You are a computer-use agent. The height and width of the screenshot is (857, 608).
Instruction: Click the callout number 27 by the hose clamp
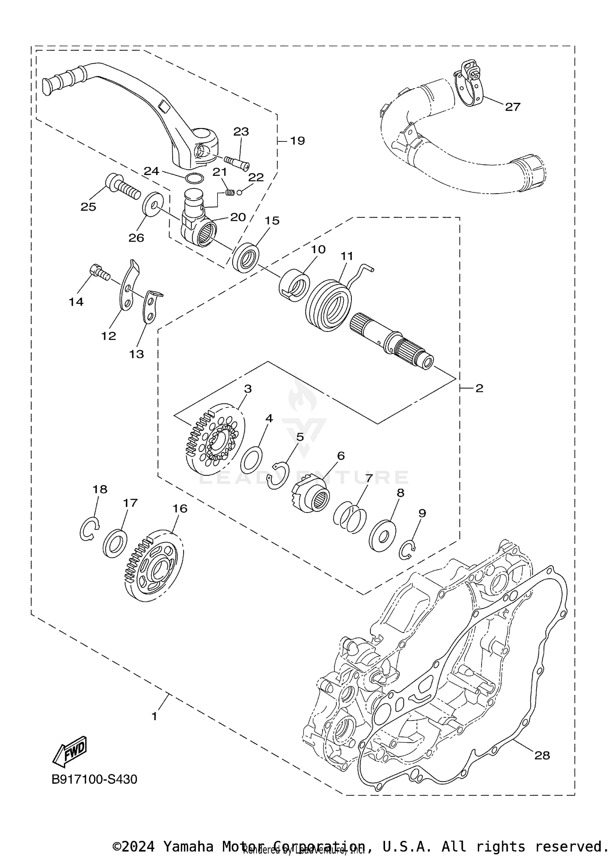[512, 107]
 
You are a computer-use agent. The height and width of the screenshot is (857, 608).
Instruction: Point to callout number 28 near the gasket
[542, 755]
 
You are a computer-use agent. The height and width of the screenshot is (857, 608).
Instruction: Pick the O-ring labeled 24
[194, 177]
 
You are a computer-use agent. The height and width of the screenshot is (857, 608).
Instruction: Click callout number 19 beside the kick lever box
[297, 141]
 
